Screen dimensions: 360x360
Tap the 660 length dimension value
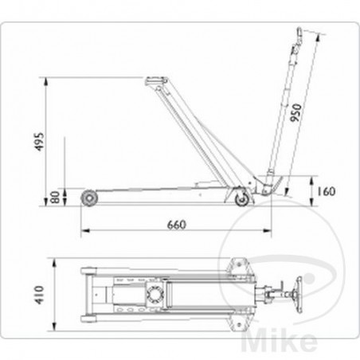tap(176, 224)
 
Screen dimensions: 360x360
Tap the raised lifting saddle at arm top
tap(153, 78)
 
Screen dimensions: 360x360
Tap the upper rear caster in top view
tap(237, 264)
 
